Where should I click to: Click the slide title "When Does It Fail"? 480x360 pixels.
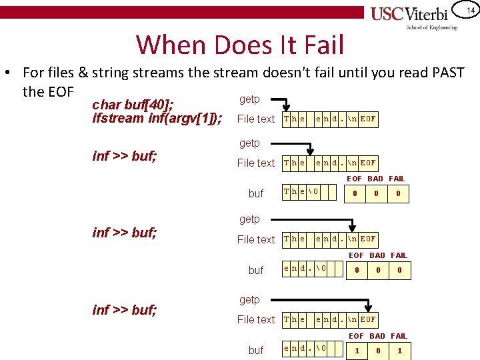[x=240, y=45]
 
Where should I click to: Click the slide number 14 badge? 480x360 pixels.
[x=469, y=11]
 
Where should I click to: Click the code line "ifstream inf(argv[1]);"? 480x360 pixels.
[x=158, y=118]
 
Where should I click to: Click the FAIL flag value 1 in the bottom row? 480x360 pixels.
[x=399, y=351]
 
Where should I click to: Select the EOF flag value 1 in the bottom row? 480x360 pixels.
[x=357, y=351]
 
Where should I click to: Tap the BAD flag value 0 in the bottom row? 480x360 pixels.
[x=378, y=351]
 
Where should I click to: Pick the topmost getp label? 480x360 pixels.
[x=249, y=99]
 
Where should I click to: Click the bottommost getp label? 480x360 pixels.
[x=249, y=299]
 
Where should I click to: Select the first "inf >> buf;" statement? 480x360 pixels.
[x=124, y=156]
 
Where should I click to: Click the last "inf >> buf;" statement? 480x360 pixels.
[x=124, y=309]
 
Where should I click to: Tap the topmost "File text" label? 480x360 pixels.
[x=256, y=119]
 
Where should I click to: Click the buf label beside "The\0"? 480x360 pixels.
[x=256, y=193]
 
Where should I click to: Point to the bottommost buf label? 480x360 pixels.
[x=256, y=350]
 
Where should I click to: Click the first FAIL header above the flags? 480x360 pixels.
[x=397, y=179]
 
